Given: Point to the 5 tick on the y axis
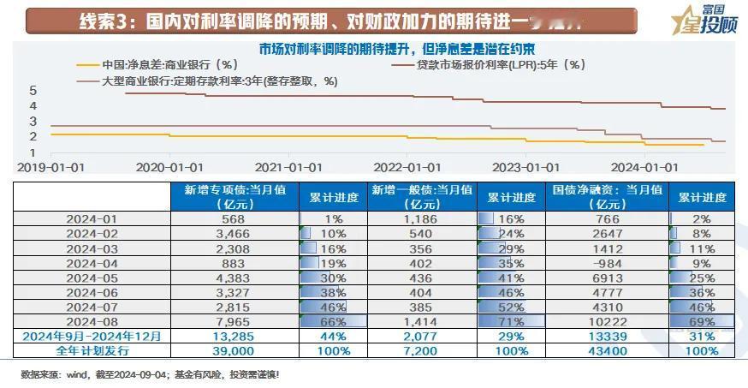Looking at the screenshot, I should tap(33, 90).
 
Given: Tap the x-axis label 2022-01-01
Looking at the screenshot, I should tap(407, 168).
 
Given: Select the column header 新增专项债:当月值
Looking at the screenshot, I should tap(234, 197).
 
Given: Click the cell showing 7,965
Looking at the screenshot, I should tap(234, 321).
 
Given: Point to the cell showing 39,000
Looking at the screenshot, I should tap(234, 350).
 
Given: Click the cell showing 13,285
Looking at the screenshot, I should tap(234, 336).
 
